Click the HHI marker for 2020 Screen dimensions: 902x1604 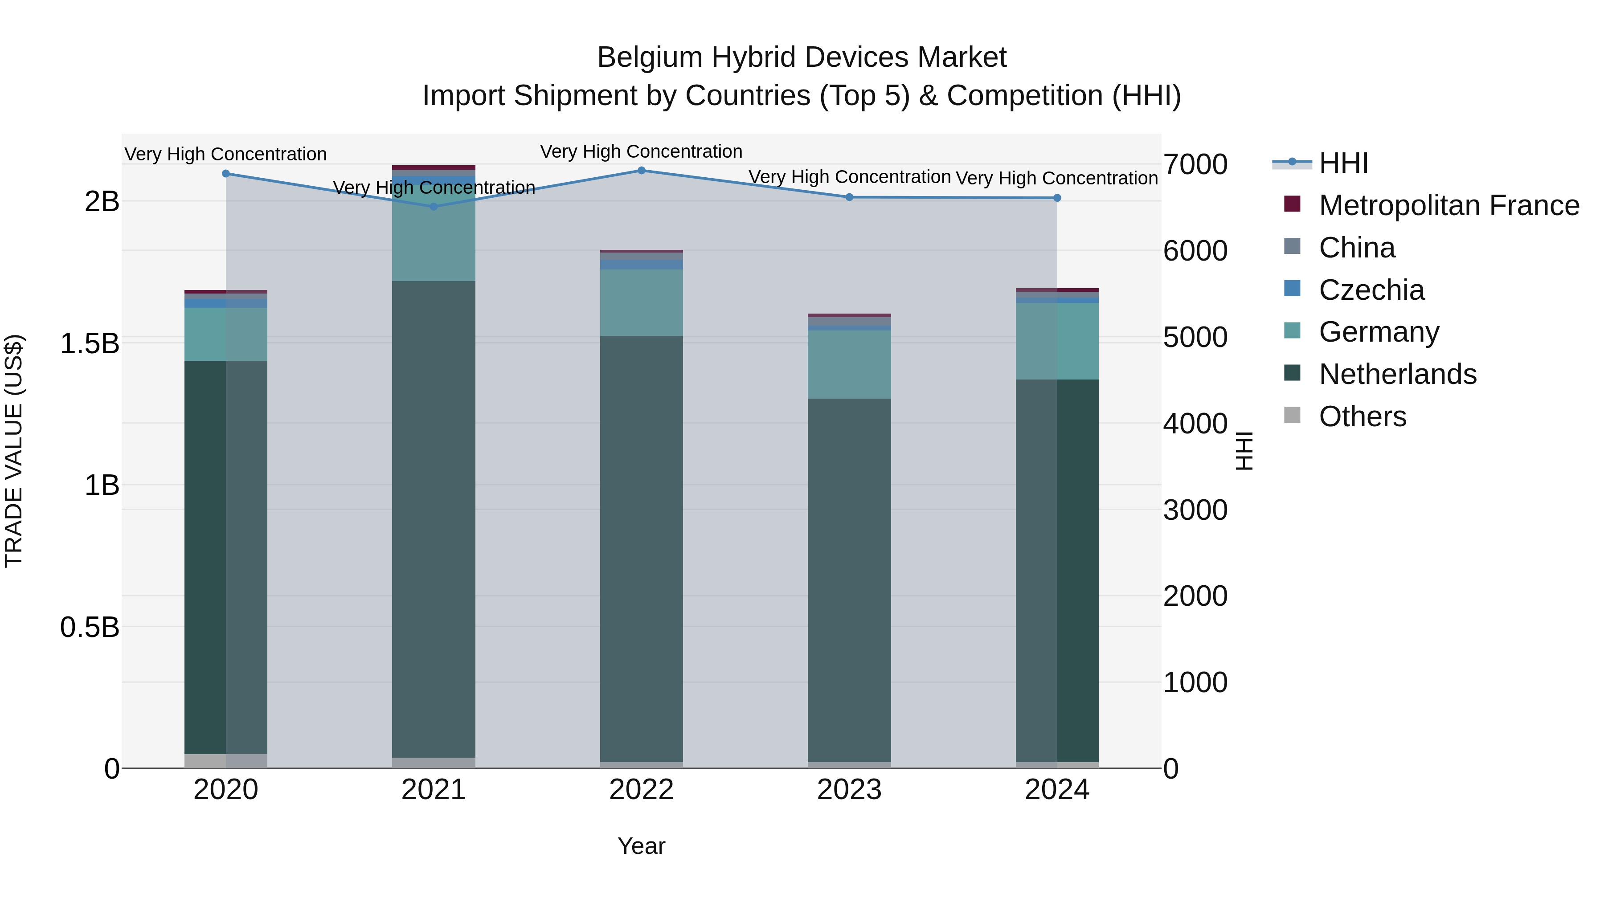coord(226,174)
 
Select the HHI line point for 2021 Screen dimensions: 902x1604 coord(434,207)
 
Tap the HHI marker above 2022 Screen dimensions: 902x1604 coord(641,171)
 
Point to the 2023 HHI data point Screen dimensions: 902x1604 coord(849,197)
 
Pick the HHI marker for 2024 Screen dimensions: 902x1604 coord(1057,198)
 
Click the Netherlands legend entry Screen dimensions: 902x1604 coord(1397,374)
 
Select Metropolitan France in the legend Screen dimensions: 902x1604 coord(1449,205)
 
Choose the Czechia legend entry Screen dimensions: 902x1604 coord(1371,290)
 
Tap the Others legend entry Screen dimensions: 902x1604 coord(1363,416)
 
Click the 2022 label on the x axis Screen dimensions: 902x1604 coord(641,790)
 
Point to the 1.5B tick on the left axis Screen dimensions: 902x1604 coord(90,343)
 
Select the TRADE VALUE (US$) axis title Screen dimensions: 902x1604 coord(14,451)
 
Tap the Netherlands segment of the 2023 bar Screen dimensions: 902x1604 coord(849,579)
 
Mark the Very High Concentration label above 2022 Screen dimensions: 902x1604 coord(641,152)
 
